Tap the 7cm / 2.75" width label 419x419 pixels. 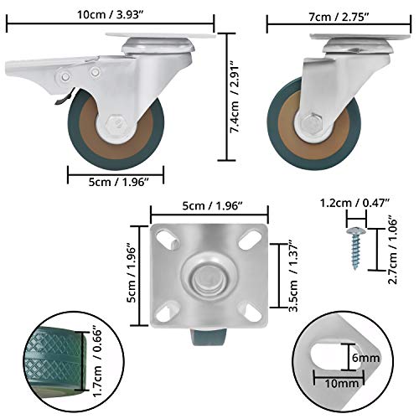pos(339,18)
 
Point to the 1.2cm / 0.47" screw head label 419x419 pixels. pos(354,203)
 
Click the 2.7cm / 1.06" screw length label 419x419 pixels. pos(393,251)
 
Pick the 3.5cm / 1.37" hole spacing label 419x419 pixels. pos(293,276)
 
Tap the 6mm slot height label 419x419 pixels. pos(365,358)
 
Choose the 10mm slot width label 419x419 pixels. pos(341,384)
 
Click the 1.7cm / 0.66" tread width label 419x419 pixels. pos(98,363)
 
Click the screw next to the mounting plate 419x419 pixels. pos(354,248)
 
